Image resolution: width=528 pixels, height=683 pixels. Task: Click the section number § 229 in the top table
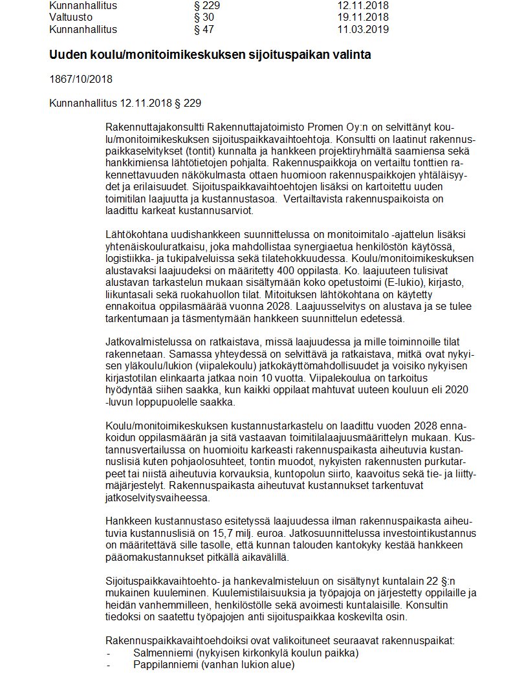pyautogui.click(x=206, y=5)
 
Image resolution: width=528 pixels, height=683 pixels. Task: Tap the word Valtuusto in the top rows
pyautogui.click(x=71, y=17)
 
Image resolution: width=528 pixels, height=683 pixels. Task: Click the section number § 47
pyautogui.click(x=204, y=29)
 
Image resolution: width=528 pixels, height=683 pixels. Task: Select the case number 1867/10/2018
pyautogui.click(x=81, y=80)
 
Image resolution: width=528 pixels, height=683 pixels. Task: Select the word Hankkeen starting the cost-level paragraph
pyautogui.click(x=125, y=521)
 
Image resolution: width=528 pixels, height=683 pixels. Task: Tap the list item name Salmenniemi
pyautogui.click(x=163, y=653)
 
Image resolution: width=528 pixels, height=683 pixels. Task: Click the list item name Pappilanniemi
pyautogui.click(x=166, y=664)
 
